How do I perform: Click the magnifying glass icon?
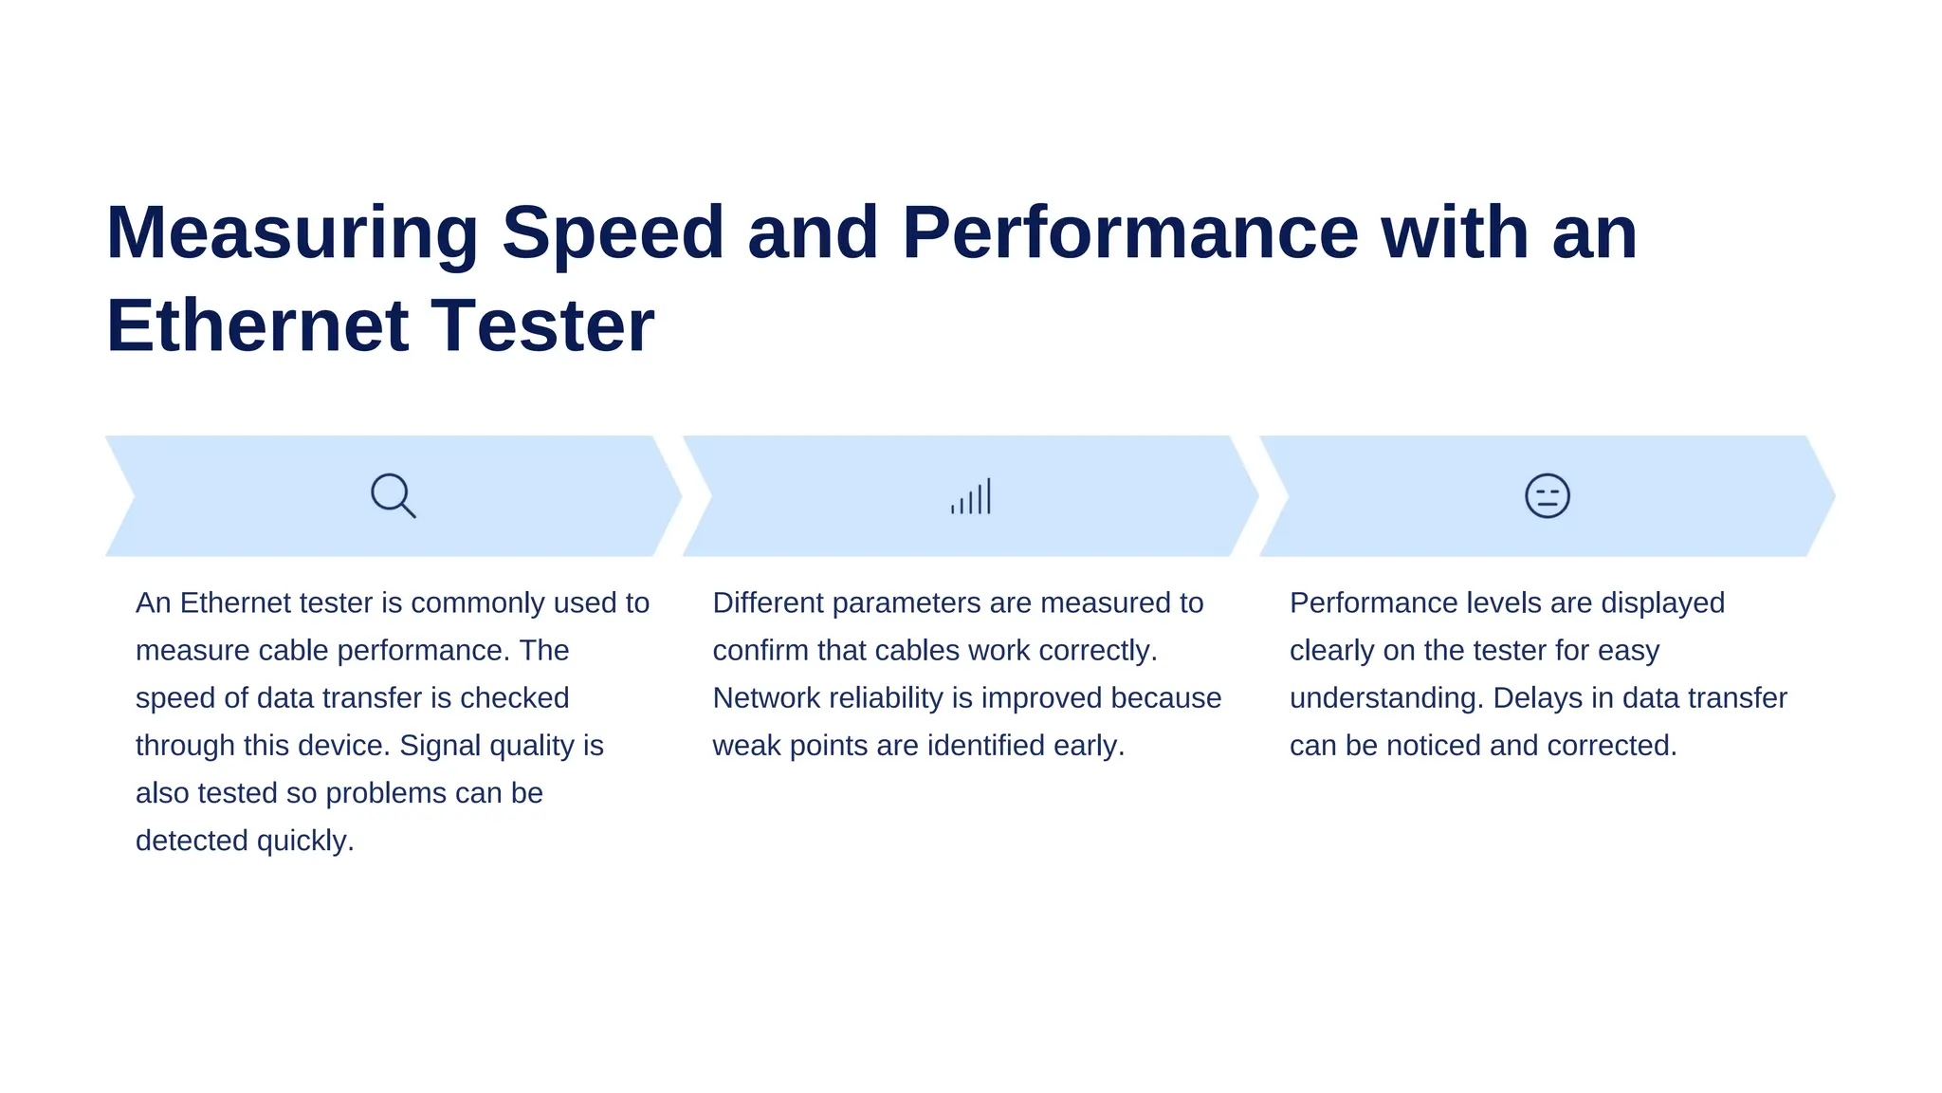393,495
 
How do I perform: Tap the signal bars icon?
971,496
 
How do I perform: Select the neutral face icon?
1547,496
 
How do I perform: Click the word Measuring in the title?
292,232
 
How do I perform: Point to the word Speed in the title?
613,232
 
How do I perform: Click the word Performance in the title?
1129,232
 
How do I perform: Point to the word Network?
766,698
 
